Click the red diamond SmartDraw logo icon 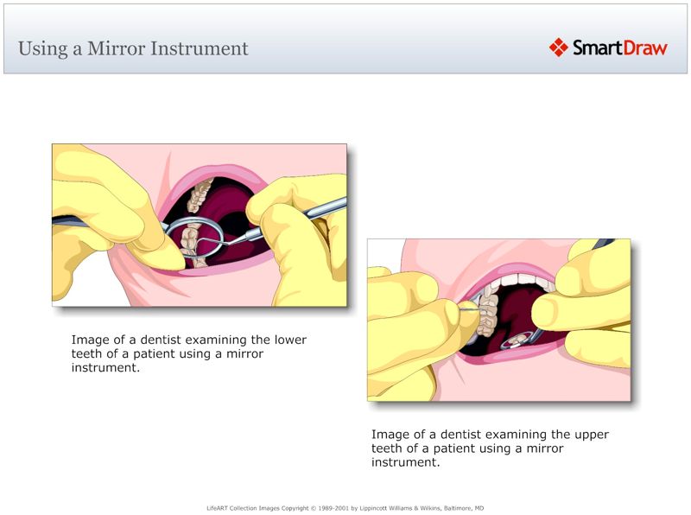558,48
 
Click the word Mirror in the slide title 117,48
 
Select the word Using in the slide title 36,48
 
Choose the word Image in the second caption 389,434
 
